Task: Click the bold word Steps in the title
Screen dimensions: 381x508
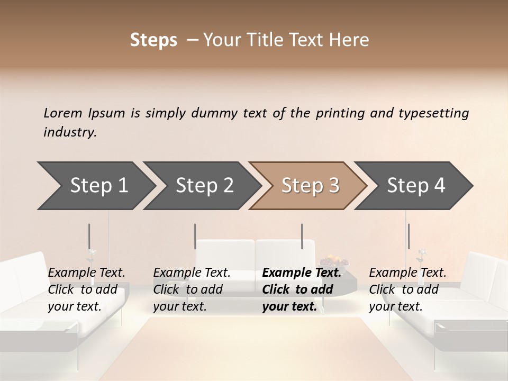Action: [x=153, y=40]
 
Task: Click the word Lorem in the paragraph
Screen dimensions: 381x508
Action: [x=62, y=113]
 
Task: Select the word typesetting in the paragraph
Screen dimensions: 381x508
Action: [x=434, y=113]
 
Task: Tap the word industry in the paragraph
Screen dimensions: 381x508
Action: [x=69, y=132]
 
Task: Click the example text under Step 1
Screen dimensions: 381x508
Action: [x=86, y=289]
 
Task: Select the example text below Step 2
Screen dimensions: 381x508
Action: [x=191, y=289]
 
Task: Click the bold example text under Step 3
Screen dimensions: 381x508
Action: [x=301, y=289]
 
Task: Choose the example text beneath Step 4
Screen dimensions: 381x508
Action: [x=407, y=289]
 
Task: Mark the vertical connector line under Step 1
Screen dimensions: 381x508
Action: [x=89, y=236]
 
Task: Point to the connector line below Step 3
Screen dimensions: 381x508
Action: [x=302, y=236]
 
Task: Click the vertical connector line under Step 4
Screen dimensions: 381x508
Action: [x=409, y=236]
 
